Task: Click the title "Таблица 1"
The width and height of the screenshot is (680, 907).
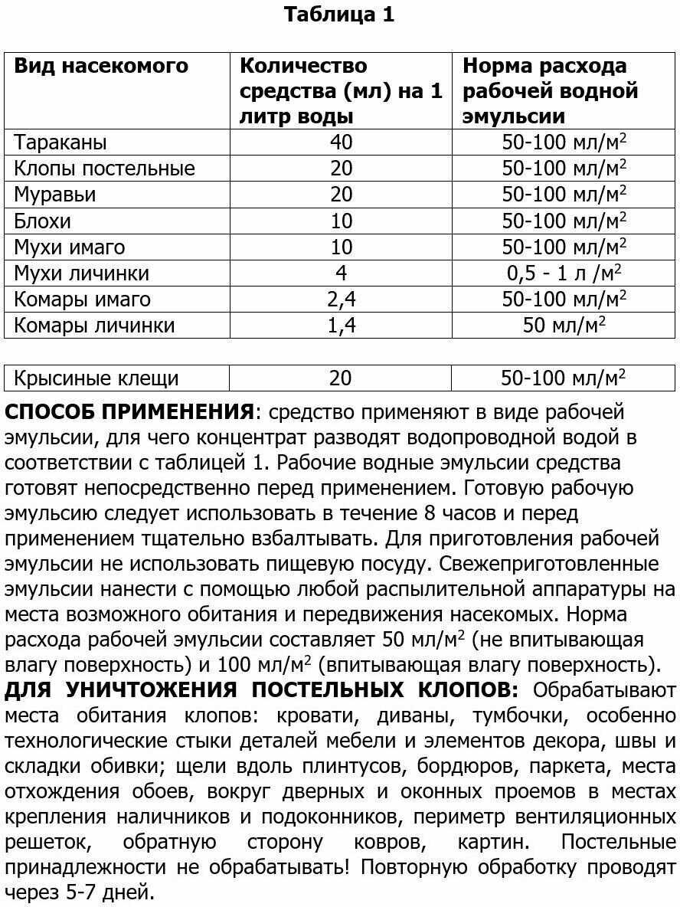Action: coord(339,15)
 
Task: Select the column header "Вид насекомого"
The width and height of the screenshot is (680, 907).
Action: coord(101,66)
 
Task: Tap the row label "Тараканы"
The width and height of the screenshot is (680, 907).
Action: coord(60,142)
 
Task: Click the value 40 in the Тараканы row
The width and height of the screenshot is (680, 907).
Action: coord(341,142)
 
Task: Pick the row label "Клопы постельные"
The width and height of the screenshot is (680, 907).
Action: coord(105,168)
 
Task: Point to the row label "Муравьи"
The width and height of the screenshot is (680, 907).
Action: coord(55,195)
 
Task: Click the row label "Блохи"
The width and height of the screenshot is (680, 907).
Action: coord(43,221)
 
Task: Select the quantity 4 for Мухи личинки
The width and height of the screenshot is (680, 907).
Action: coord(341,273)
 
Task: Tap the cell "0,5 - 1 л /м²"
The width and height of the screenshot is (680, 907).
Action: coord(564,273)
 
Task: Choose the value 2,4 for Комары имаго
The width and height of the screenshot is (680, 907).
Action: coord(341,299)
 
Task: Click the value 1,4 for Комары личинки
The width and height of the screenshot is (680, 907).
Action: coord(341,325)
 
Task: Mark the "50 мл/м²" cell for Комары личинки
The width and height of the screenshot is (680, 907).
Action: coord(564,325)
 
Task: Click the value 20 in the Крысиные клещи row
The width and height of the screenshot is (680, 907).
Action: coord(341,378)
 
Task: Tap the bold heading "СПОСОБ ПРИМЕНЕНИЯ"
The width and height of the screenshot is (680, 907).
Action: coord(129,412)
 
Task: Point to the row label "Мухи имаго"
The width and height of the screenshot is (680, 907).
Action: coord(70,247)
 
